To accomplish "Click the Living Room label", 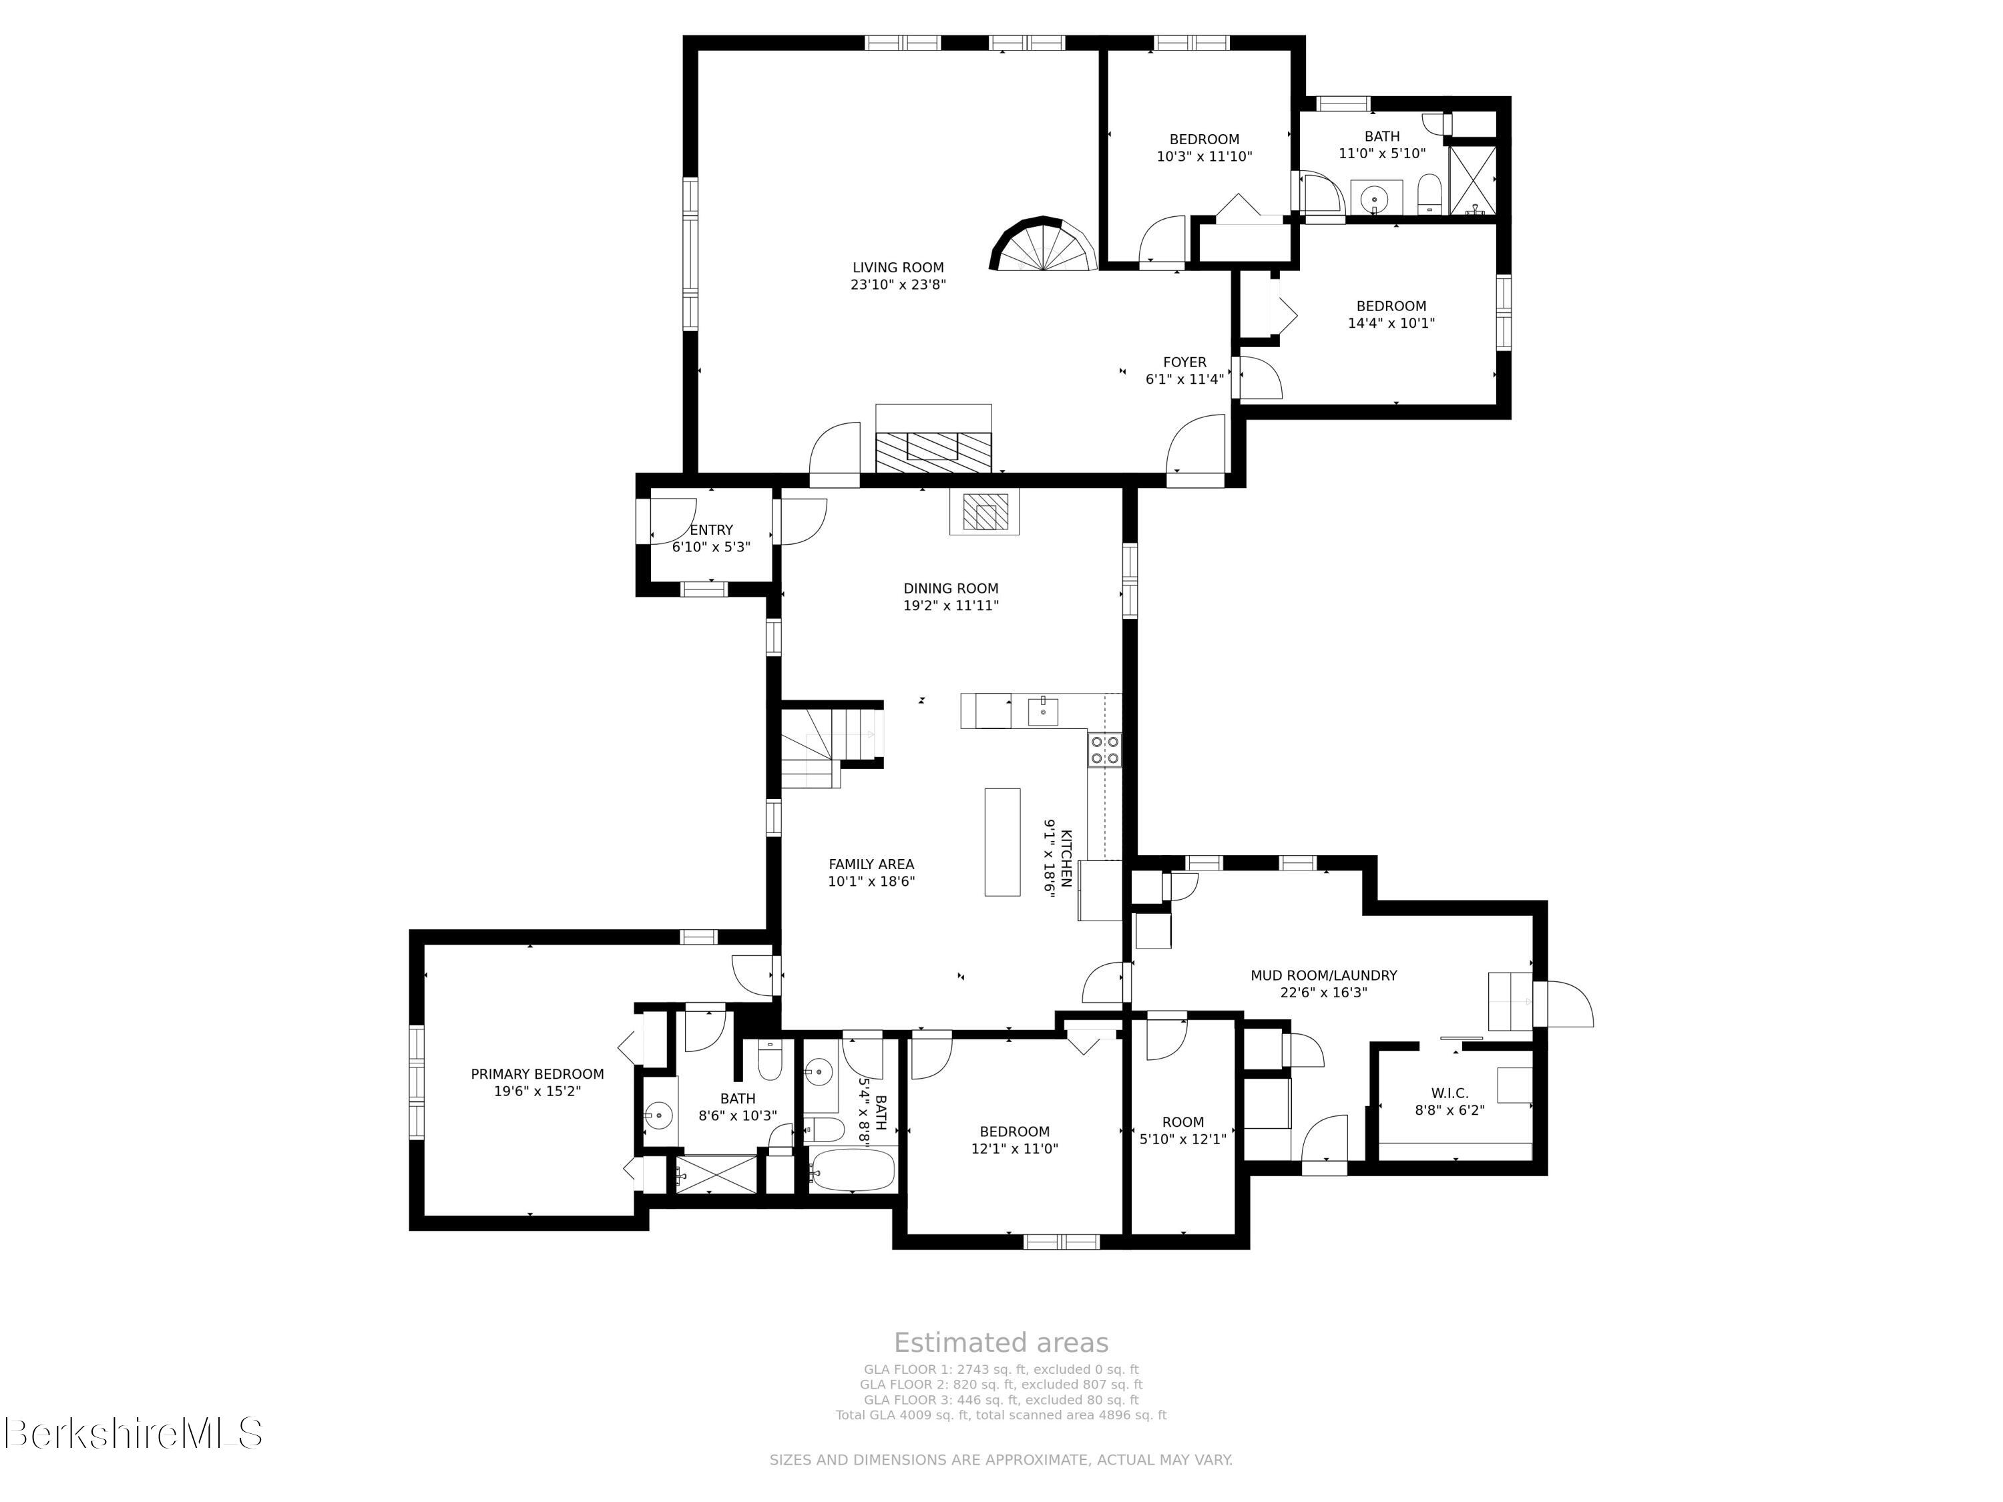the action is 897,267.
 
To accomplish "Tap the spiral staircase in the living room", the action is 1043,244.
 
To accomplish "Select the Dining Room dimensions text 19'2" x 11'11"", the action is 951,605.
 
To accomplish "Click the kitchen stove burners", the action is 1105,749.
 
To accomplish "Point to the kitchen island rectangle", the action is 1002,842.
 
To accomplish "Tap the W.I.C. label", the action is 1450,1093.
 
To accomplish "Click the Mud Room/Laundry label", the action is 1324,975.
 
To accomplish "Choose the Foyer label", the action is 1184,362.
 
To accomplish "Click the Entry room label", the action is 712,529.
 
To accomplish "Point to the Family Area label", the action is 871,864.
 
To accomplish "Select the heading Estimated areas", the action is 1001,1342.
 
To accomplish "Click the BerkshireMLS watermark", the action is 133,1433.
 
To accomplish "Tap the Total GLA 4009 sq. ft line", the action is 1001,1414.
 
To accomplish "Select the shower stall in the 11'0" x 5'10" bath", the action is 1472,180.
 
